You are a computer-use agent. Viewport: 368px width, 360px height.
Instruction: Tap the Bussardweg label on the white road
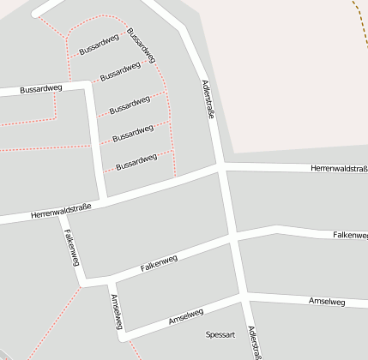[41, 88]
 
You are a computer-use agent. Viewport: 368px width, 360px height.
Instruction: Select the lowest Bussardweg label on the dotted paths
[136, 160]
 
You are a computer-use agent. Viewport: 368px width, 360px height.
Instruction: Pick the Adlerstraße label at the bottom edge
[252, 343]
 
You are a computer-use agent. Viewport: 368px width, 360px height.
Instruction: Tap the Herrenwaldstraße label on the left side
[60, 209]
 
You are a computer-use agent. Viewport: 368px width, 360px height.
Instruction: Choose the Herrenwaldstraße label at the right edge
[340, 170]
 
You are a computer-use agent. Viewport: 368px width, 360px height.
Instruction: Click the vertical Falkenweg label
[71, 247]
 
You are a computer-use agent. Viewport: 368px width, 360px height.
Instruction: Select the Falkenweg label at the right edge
[350, 235]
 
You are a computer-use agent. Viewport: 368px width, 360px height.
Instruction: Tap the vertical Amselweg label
[118, 312]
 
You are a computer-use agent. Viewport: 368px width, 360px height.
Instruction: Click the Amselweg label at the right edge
[326, 302]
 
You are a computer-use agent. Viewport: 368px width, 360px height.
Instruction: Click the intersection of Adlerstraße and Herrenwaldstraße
[221, 166]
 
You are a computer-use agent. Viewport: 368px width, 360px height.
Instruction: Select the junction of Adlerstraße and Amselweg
[244, 297]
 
